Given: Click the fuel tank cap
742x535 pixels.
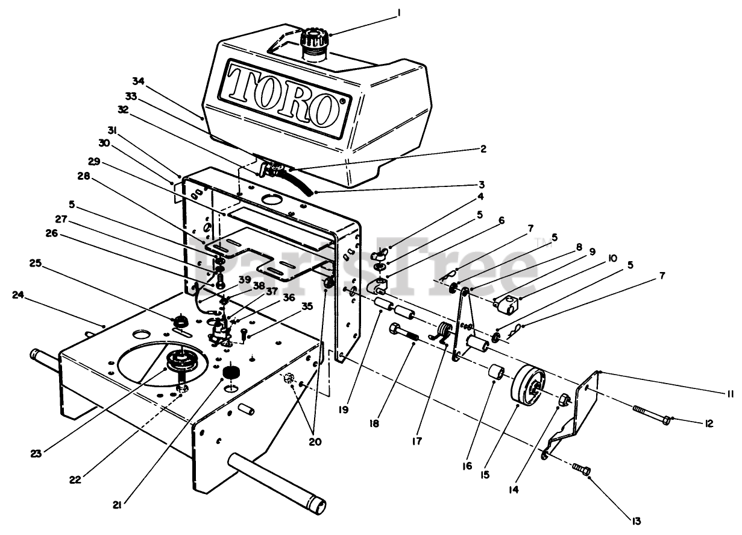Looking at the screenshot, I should point(313,42).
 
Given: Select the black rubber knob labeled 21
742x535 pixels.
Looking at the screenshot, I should point(231,373).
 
